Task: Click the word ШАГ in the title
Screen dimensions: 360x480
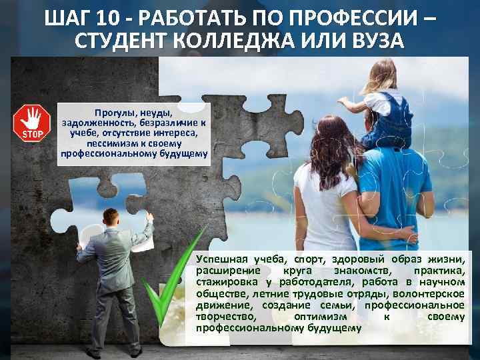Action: click(x=69, y=16)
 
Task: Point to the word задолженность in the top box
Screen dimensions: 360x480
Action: click(x=95, y=123)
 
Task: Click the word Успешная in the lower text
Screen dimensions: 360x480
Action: click(x=221, y=259)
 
